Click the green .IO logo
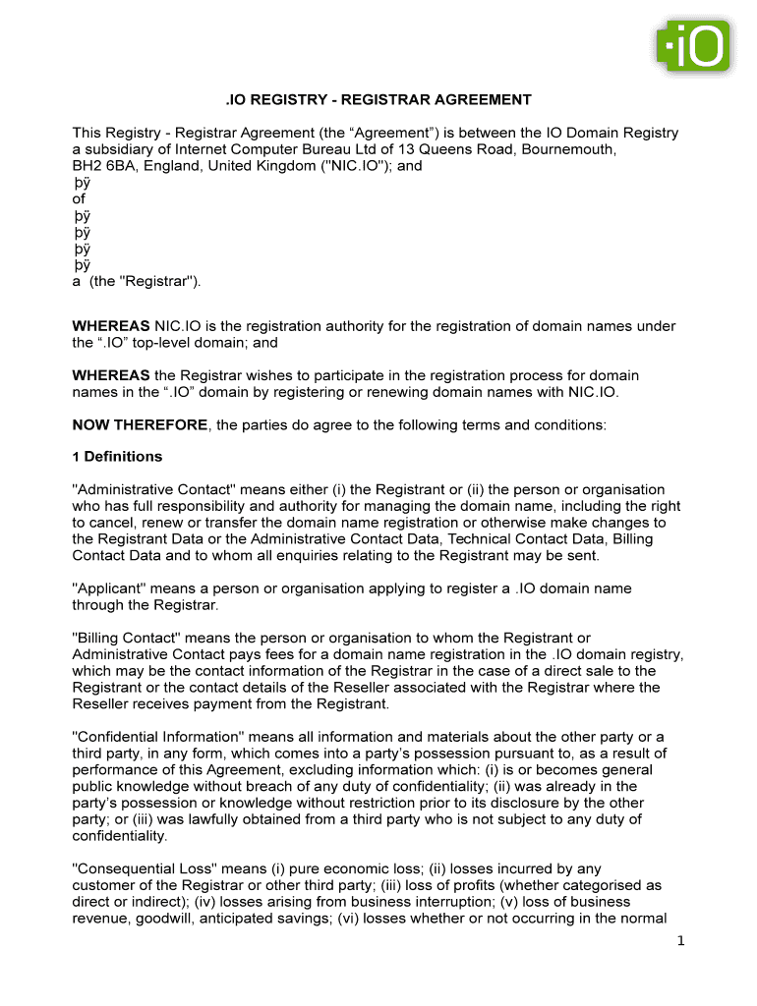coord(693,46)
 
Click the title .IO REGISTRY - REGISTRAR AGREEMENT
coord(378,100)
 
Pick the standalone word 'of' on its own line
coord(80,199)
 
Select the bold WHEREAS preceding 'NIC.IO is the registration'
coord(111,326)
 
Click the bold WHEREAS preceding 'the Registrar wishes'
coord(111,375)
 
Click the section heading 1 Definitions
coord(118,457)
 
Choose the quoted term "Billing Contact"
coord(123,639)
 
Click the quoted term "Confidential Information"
coord(157,737)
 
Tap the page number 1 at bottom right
coord(679,942)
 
